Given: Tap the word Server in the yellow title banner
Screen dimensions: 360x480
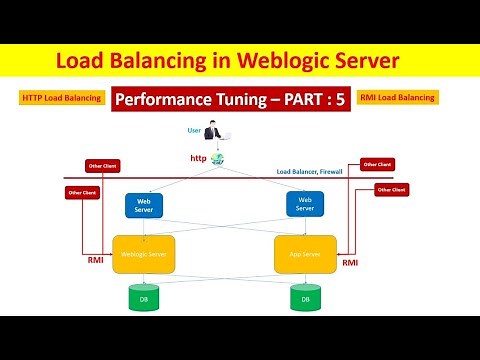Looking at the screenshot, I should click(363, 61).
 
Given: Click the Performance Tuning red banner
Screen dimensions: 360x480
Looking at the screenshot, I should click(233, 100).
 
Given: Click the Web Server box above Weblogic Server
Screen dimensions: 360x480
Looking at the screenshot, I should click(143, 205).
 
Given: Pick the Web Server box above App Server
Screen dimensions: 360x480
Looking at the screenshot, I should click(304, 205).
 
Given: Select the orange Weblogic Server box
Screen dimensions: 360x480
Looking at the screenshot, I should click(143, 254).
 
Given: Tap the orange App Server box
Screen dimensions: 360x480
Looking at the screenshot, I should click(304, 254).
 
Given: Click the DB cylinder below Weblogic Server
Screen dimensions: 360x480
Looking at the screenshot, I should click(143, 298).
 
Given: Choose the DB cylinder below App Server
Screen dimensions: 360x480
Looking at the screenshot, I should click(304, 298).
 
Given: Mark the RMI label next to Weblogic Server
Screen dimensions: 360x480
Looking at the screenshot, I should click(95, 258).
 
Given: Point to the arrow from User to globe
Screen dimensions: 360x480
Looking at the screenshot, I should click(217, 145).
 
